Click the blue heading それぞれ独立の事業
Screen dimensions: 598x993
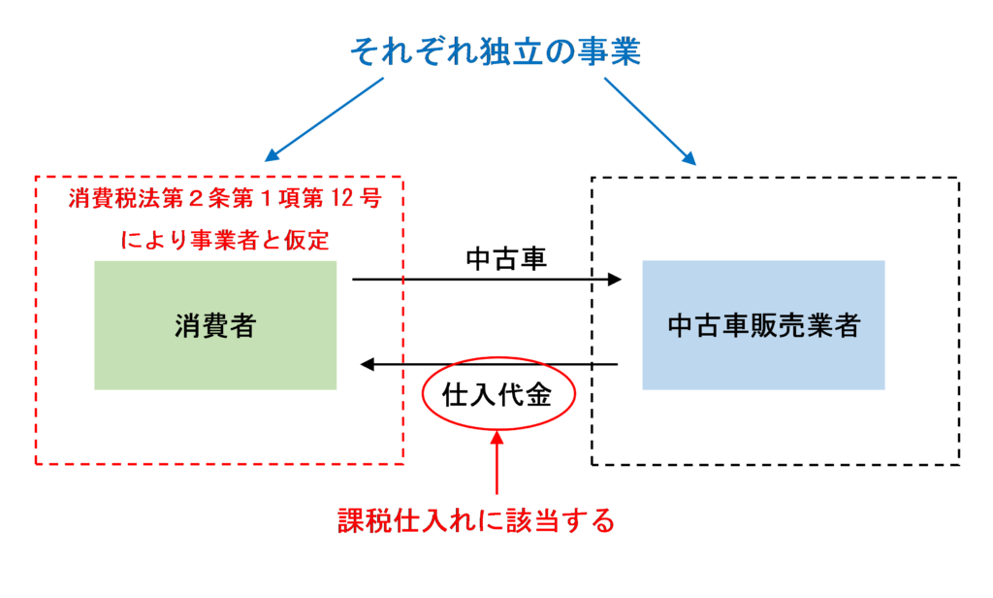click(x=495, y=51)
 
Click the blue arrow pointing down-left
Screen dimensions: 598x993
click(x=324, y=118)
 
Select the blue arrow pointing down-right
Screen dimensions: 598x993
click(x=650, y=121)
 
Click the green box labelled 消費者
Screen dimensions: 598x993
click(x=215, y=324)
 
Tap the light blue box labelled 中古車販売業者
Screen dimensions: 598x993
click(x=763, y=324)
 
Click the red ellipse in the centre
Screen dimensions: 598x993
click(x=498, y=393)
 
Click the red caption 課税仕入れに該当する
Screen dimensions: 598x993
click(x=476, y=521)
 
